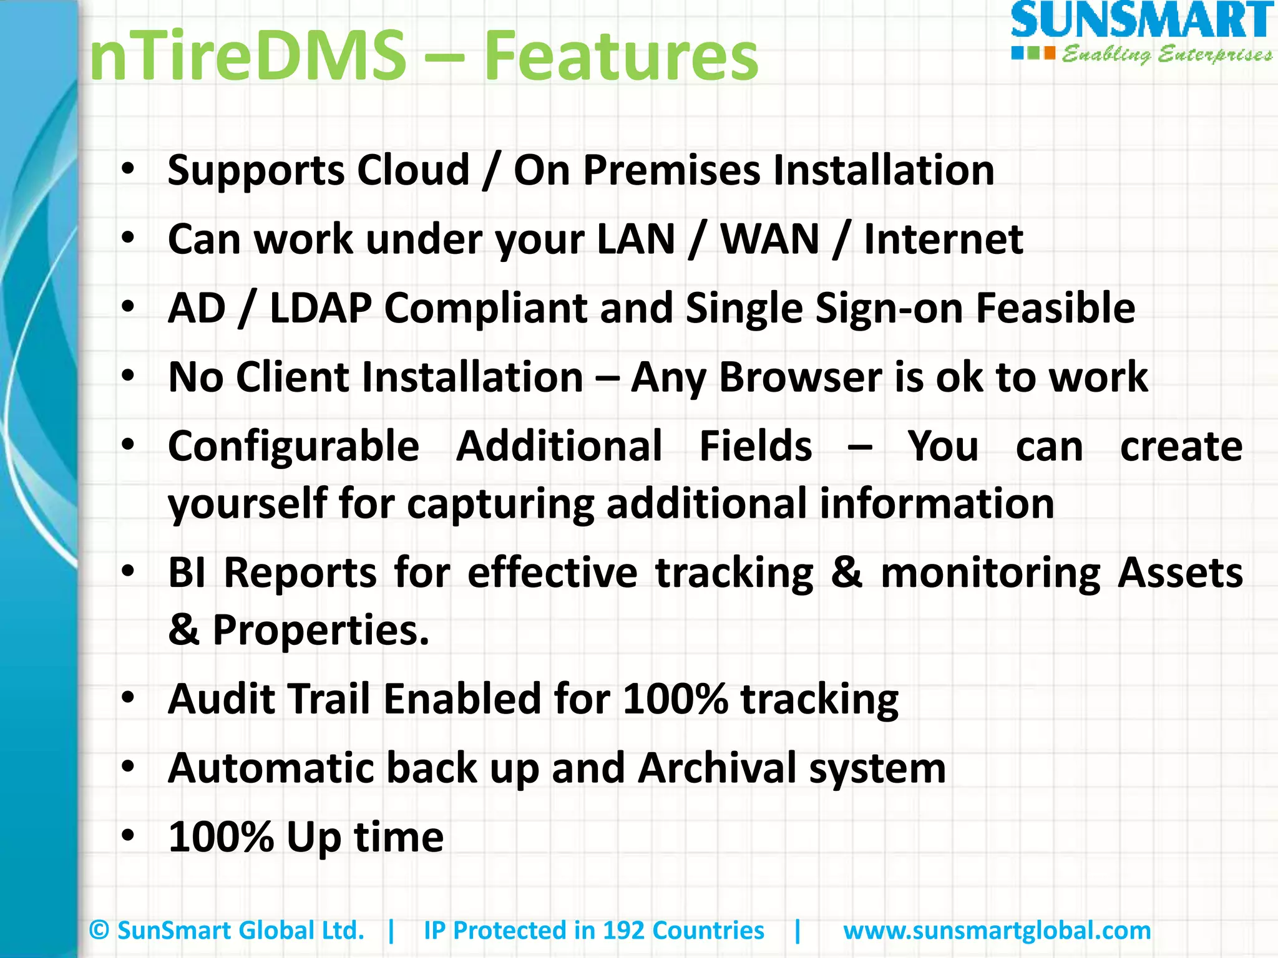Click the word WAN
pyautogui.click(x=770, y=239)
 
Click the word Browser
pyautogui.click(x=801, y=377)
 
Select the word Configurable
pyautogui.click(x=293, y=447)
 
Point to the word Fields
pyautogui.click(x=756, y=447)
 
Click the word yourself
pyautogui.click(x=248, y=504)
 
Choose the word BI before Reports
pyautogui.click(x=187, y=573)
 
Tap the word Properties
pyautogui.click(x=321, y=630)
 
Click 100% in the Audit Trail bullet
pyautogui.click(x=675, y=699)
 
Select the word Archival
pyautogui.click(x=717, y=768)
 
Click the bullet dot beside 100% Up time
pyautogui.click(x=128, y=836)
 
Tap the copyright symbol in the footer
pyautogui.click(x=99, y=931)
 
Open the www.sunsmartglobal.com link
pyautogui.click(x=997, y=931)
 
